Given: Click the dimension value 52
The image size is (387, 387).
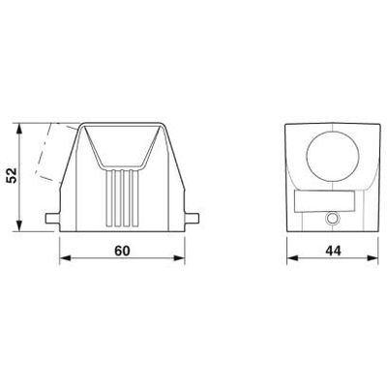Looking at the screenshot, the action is pyautogui.click(x=12, y=175).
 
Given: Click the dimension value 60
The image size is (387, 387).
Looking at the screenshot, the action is pyautogui.click(x=122, y=251).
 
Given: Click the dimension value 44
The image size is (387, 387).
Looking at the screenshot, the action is pyautogui.click(x=333, y=251).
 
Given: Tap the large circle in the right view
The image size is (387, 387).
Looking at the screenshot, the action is pyautogui.click(x=333, y=157).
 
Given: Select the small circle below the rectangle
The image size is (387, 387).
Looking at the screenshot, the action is pyautogui.click(x=332, y=219).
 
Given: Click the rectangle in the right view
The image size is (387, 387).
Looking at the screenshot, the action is pyautogui.click(x=325, y=201).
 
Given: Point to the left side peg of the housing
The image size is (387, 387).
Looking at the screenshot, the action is pyautogui.click(x=52, y=219).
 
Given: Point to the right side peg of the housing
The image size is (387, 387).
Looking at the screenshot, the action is pyautogui.click(x=192, y=219).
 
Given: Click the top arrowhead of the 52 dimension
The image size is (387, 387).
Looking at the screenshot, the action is pyautogui.click(x=19, y=129).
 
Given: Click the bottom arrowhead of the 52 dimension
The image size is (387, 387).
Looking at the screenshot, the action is pyautogui.click(x=19, y=225).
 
